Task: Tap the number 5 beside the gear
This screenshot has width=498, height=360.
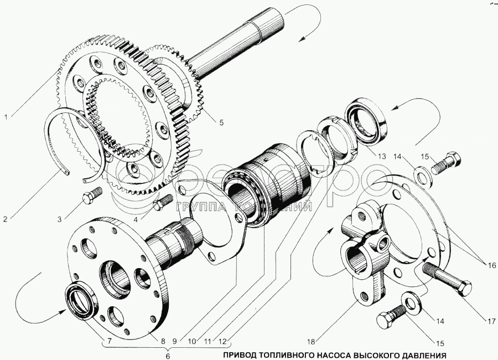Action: tap(221, 123)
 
